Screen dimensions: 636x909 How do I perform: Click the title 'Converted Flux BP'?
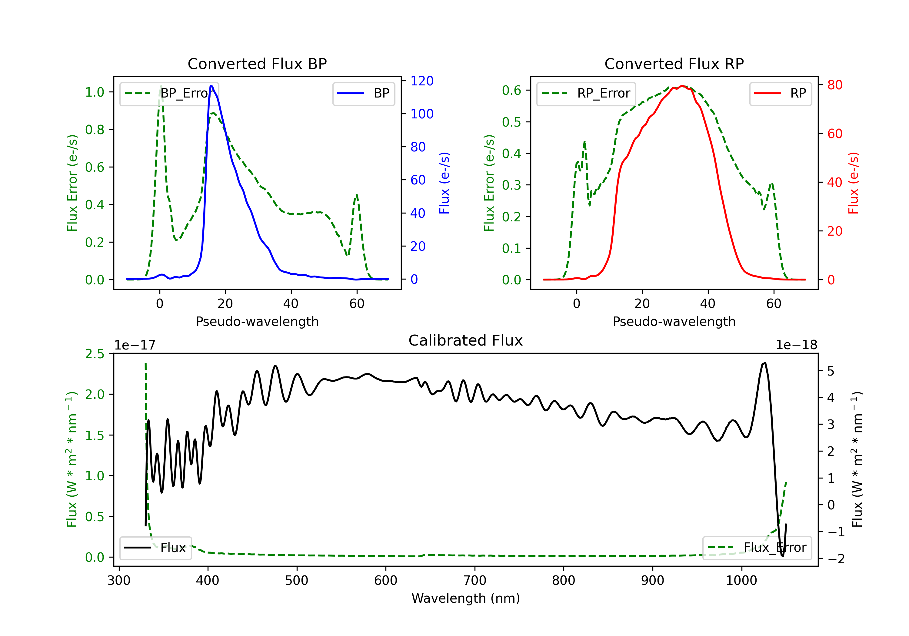[257, 64]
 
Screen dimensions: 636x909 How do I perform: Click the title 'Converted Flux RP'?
[674, 64]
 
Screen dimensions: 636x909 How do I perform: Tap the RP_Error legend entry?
[586, 93]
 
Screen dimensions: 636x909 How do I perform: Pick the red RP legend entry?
[780, 93]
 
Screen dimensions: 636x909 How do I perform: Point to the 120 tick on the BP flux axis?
[422, 81]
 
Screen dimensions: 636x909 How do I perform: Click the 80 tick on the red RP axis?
[834, 85]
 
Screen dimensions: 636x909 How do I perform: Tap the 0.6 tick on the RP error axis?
[511, 90]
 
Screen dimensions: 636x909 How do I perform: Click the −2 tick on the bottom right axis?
[835, 558]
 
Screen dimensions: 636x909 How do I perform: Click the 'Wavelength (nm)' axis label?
[466, 598]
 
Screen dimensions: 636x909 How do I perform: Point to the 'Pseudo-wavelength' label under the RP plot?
[674, 321]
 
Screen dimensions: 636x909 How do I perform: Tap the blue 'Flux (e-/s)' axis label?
[444, 183]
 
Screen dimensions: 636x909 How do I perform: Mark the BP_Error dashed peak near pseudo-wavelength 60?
[357, 194]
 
